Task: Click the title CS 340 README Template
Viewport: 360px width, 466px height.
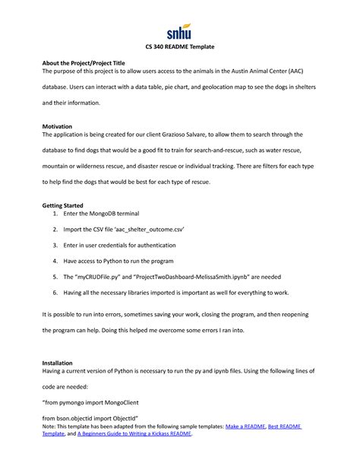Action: (x=180, y=47)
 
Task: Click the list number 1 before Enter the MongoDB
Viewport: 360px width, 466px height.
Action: (x=56, y=216)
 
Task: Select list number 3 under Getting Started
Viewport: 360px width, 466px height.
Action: (x=56, y=246)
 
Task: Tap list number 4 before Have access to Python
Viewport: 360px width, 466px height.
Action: (x=56, y=261)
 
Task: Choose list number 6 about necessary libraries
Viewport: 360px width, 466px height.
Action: (x=56, y=291)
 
